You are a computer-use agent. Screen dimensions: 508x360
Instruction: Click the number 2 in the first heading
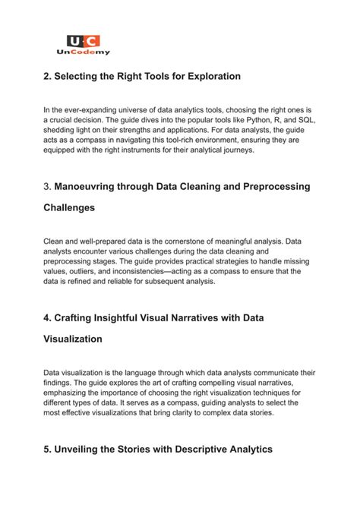(47, 76)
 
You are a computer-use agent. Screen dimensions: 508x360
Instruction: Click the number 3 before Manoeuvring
(47, 186)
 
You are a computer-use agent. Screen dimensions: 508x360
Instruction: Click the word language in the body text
(145, 373)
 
